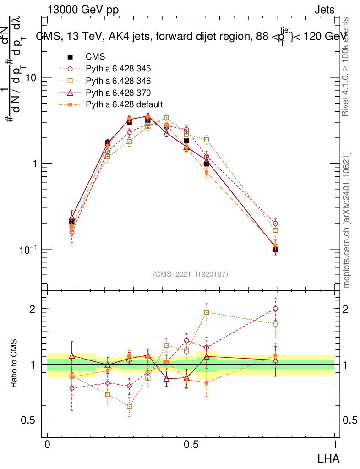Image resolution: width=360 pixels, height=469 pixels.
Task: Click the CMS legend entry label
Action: [x=95, y=57]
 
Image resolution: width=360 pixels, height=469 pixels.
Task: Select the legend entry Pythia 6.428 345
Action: [x=118, y=69]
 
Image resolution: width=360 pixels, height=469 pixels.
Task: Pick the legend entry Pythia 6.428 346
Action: [x=118, y=81]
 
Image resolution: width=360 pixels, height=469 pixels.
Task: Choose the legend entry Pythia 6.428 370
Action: [x=118, y=93]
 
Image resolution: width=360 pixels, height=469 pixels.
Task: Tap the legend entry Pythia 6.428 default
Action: [x=124, y=104]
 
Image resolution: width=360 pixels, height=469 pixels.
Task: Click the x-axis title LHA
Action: [x=329, y=458]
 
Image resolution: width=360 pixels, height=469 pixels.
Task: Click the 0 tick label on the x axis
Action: [x=47, y=445]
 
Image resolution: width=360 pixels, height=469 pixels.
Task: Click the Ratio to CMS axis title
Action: [x=15, y=365]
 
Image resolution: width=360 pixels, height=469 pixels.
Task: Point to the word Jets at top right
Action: [x=324, y=10]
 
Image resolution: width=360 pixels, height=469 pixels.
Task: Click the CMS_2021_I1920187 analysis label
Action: [x=191, y=274]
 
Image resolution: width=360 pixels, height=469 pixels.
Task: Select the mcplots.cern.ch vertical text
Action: [x=347, y=220]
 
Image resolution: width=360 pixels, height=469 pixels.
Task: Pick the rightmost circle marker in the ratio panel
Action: [x=275, y=308]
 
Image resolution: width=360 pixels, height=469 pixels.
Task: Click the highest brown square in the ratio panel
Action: [x=207, y=312]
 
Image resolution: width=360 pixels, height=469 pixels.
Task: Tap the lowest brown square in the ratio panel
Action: [x=130, y=406]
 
